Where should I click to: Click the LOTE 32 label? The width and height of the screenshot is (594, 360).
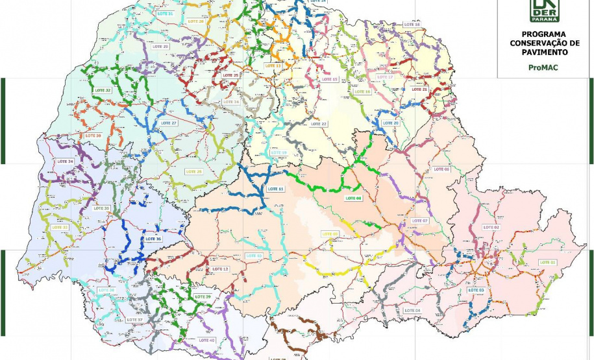point(103,90)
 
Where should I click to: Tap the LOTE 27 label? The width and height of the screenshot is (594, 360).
point(169,123)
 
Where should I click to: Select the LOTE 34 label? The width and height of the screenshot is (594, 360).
point(66,160)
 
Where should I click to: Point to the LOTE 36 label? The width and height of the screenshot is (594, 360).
point(154,239)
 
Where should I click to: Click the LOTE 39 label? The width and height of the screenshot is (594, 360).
point(203,296)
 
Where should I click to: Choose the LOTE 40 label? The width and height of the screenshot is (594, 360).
point(207,340)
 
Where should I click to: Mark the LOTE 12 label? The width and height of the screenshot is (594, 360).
point(221,269)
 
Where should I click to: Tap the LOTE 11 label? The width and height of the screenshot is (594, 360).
point(276,188)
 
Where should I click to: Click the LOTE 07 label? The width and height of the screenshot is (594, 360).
point(420,221)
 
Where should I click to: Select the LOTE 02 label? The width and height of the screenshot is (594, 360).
point(491,227)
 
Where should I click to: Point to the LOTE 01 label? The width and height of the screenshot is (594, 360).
point(549,261)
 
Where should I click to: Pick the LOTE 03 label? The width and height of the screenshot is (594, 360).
point(476,289)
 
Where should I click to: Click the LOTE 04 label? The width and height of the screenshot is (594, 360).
point(412,310)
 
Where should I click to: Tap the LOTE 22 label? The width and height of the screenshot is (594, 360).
point(319,123)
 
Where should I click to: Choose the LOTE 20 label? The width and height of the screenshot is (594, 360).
point(391,123)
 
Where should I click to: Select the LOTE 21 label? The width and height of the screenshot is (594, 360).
point(420,89)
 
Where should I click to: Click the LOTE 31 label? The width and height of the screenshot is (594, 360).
point(166,14)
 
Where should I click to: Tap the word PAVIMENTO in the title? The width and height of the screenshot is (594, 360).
point(544,52)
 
